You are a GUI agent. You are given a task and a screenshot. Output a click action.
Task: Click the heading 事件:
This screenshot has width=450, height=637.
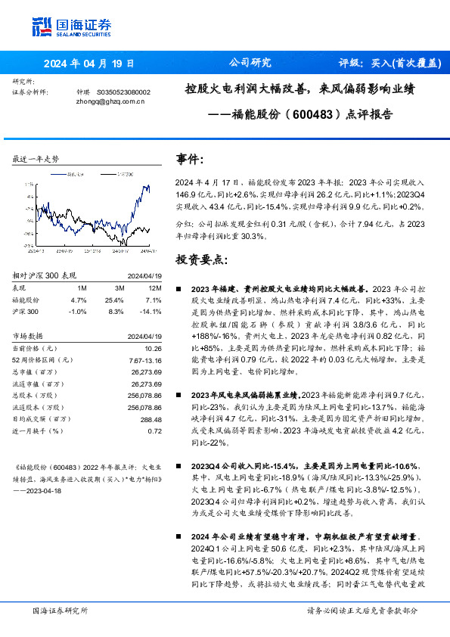pos(190,160)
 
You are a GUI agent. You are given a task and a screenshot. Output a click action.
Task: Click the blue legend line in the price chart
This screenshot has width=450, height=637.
pos(58,173)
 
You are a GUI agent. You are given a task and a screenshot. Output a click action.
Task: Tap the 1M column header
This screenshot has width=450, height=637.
pos(82,288)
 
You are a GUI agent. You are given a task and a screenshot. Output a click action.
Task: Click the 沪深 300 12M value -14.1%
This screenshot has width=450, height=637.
pos(151,311)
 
